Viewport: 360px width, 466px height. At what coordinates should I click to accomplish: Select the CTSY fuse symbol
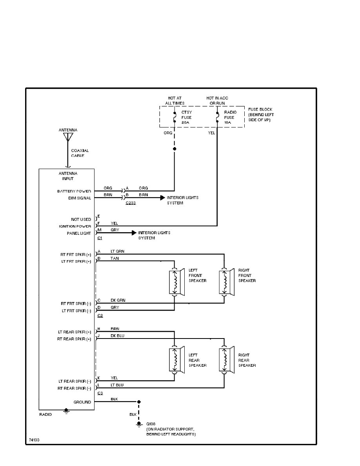click(x=174, y=117)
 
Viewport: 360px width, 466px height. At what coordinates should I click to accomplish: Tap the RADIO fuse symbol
click(x=217, y=117)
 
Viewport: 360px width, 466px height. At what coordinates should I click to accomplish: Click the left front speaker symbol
click(x=176, y=281)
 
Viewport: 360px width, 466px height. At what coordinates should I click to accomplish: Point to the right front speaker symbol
click(x=226, y=281)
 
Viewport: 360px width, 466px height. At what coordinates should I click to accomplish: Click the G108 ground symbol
click(x=138, y=424)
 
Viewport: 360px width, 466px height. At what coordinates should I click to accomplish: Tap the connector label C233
click(x=131, y=203)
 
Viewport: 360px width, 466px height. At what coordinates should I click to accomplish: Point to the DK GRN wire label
click(x=118, y=300)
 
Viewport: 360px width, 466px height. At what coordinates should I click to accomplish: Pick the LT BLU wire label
click(x=117, y=385)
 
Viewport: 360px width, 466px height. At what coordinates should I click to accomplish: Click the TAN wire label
click(x=115, y=258)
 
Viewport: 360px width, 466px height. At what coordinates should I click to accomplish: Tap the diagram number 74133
click(x=34, y=440)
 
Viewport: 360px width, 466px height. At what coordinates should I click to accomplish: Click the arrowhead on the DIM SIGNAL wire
click(x=162, y=198)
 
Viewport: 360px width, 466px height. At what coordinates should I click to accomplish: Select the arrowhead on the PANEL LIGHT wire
click(x=134, y=233)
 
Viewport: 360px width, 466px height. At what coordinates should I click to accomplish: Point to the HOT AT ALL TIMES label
click(x=174, y=100)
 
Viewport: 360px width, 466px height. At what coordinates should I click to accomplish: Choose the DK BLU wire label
click(x=118, y=336)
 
